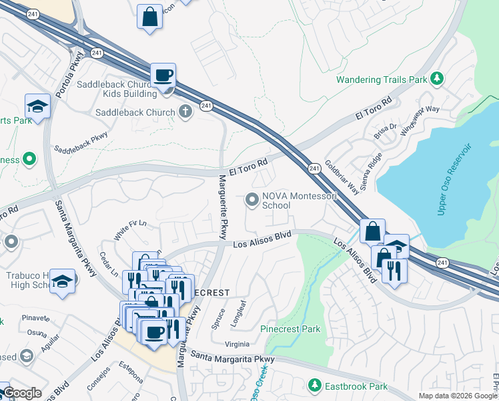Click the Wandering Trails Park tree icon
point(437,79)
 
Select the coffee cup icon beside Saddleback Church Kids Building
point(163,76)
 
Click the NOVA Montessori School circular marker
point(252,198)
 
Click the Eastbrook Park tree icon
point(314,386)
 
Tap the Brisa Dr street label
point(385,130)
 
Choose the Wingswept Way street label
point(424,119)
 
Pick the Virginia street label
point(237,344)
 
